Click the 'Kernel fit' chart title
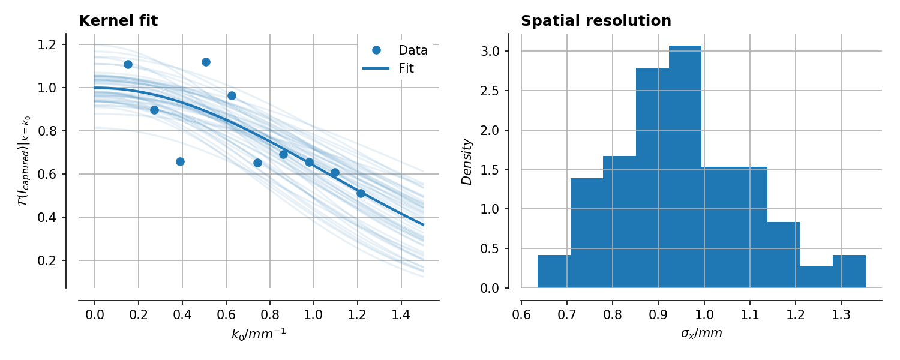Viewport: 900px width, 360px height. pyautogui.click(x=118, y=21)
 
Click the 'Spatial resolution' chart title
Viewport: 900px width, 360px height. pyautogui.click(x=596, y=21)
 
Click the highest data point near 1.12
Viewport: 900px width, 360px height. pyautogui.click(x=206, y=62)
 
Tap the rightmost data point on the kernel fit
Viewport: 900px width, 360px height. pyautogui.click(x=361, y=193)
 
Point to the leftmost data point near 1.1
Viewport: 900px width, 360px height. pyautogui.click(x=128, y=64)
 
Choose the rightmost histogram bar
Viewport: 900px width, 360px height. pyautogui.click(x=849, y=271)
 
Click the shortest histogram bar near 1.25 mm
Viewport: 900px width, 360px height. pyautogui.click(x=816, y=277)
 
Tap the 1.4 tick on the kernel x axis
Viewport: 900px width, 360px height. pyautogui.click(x=401, y=314)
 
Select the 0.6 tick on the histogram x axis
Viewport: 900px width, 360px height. pyautogui.click(x=521, y=314)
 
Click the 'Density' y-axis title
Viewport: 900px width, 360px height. pyautogui.click(x=467, y=161)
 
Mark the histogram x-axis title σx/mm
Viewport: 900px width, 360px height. pyautogui.click(x=701, y=334)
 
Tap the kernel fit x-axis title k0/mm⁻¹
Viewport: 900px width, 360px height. pyautogui.click(x=259, y=334)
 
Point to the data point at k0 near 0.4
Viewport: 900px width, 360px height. pyautogui.click(x=180, y=161)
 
